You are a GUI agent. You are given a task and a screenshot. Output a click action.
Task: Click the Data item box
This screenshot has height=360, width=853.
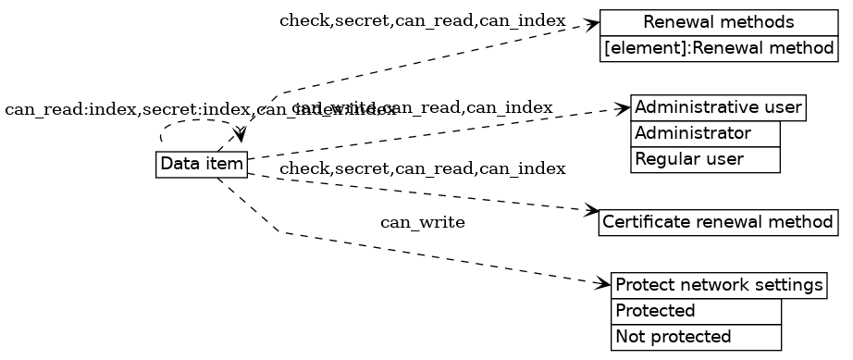coord(202,165)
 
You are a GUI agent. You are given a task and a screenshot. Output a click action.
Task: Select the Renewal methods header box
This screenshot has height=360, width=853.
coord(719,22)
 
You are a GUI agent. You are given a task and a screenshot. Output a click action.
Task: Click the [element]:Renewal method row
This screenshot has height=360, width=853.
coord(719,48)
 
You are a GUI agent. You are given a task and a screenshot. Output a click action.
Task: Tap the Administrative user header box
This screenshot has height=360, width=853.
coord(718,107)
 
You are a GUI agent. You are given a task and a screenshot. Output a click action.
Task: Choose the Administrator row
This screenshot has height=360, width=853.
coord(705,134)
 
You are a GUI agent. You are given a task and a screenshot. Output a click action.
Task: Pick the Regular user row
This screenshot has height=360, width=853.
coord(705,159)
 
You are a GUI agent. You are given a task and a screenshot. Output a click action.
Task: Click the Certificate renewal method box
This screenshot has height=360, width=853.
coord(719,223)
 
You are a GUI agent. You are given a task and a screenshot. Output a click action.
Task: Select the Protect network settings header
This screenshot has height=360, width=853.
coord(719,286)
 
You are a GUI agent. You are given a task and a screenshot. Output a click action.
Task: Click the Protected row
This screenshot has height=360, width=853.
coord(696,311)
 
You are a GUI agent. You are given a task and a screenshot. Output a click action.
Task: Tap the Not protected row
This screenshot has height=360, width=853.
coord(696,337)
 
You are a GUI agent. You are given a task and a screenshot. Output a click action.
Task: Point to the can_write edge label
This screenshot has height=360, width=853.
coord(422,223)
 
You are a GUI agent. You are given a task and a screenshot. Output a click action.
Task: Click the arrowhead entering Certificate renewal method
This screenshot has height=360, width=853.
coord(592,212)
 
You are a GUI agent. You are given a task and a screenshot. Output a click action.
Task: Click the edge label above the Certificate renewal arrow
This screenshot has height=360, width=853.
coord(422,168)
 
